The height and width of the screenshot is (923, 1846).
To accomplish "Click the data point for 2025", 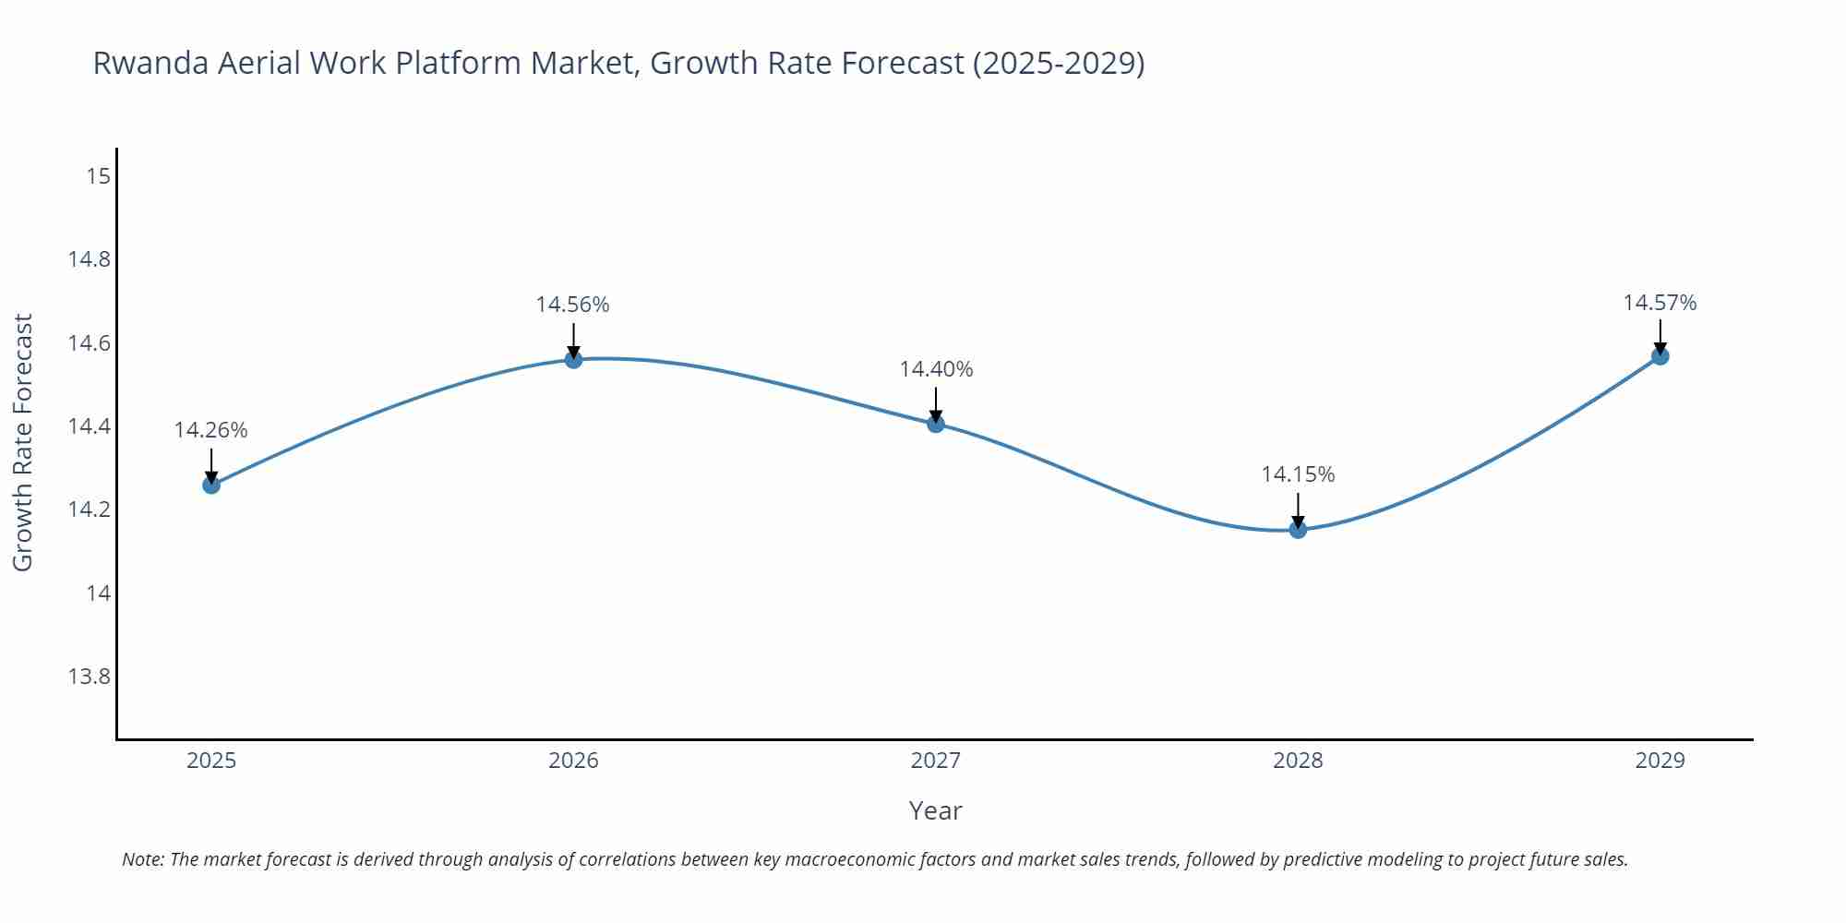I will coord(211,485).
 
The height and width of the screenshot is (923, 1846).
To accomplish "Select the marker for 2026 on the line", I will coord(573,359).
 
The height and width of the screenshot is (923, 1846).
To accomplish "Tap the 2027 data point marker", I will coord(936,424).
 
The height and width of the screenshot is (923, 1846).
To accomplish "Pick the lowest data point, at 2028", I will coord(1298,529).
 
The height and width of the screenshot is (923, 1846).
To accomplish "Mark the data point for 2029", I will coord(1660,355).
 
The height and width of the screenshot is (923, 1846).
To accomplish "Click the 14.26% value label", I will coord(210,430).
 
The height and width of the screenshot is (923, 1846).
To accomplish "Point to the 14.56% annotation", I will coord(572,305).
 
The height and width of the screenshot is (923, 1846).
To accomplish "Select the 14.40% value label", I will coord(936,369).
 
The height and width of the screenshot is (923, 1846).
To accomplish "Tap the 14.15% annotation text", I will coord(1298,474).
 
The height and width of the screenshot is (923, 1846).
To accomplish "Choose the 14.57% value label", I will coord(1660,303).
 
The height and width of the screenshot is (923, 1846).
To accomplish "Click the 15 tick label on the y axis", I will coord(98,175).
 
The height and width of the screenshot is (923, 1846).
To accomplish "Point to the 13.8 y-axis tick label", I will coord(89,677).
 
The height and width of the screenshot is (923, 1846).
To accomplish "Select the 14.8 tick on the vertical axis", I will coord(89,259).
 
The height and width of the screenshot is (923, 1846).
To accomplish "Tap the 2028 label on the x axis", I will coord(1298,761).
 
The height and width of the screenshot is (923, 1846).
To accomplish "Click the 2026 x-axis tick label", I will coord(573,761).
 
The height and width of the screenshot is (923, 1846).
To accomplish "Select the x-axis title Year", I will coord(935,810).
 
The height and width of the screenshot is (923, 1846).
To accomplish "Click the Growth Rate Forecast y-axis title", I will coord(23,442).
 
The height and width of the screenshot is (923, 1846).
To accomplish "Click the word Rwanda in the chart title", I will coord(150,63).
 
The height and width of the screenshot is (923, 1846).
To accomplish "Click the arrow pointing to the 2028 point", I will coord(1298,509).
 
